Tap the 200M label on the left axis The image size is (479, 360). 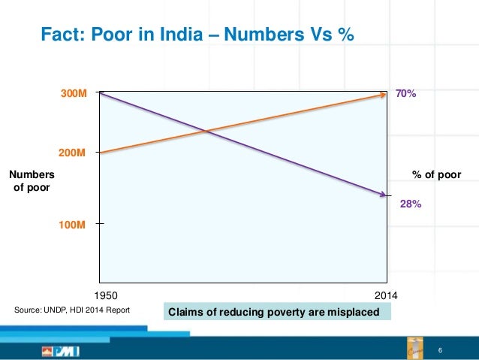tap(73, 152)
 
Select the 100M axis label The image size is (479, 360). tap(74, 225)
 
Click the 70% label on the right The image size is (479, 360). tap(406, 95)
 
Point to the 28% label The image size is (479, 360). tap(410, 203)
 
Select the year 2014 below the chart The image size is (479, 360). tap(385, 295)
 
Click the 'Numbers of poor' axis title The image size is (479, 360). tap(32, 181)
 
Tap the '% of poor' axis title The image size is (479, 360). tap(436, 175)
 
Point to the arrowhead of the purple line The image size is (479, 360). tap(381, 195)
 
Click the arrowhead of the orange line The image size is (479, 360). tap(381, 95)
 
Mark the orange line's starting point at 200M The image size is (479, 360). tap(99, 153)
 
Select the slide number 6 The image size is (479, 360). tap(440, 352)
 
